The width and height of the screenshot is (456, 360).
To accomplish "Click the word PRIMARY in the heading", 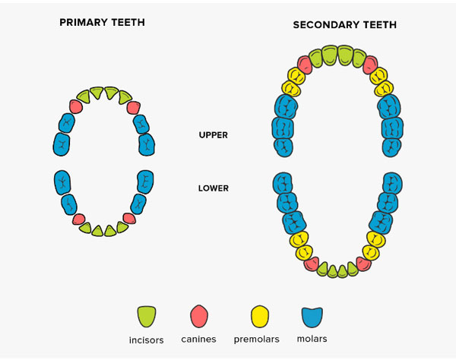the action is pyautogui.click(x=81, y=22).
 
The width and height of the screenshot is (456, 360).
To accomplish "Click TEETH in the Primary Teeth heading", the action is pyautogui.click(x=128, y=22).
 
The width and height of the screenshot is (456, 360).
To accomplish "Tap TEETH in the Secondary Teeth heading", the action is pyautogui.click(x=379, y=25).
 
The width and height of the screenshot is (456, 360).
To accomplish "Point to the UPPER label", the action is pyautogui.click(x=213, y=135).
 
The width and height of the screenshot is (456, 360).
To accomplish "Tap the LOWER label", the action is pyautogui.click(x=213, y=188).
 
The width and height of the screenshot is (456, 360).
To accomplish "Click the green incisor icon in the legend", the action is pyautogui.click(x=147, y=317).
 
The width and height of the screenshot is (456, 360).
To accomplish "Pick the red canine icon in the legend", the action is pyautogui.click(x=199, y=316).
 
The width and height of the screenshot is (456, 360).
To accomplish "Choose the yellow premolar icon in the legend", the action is pyautogui.click(x=260, y=317).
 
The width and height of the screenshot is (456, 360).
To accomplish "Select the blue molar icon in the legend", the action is pyautogui.click(x=312, y=317).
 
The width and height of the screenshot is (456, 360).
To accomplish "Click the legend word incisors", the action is pyautogui.click(x=146, y=340).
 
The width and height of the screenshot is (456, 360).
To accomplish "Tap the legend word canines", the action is pyautogui.click(x=198, y=339).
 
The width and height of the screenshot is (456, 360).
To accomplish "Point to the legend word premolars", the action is pyautogui.click(x=257, y=339).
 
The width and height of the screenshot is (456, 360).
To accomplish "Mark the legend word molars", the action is pyautogui.click(x=312, y=339).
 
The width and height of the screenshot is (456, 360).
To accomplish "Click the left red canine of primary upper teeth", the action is pyautogui.click(x=76, y=106).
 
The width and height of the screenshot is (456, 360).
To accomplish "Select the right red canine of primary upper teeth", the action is pyautogui.click(x=134, y=108).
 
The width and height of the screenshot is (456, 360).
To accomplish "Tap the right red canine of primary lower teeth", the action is pyautogui.click(x=129, y=218).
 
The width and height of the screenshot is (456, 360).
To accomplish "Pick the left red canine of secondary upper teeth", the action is pyautogui.click(x=305, y=65).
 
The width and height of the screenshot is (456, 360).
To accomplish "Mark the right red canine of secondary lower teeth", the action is pyautogui.click(x=364, y=264).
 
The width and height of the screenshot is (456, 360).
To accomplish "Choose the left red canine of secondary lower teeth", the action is pyautogui.click(x=312, y=264).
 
